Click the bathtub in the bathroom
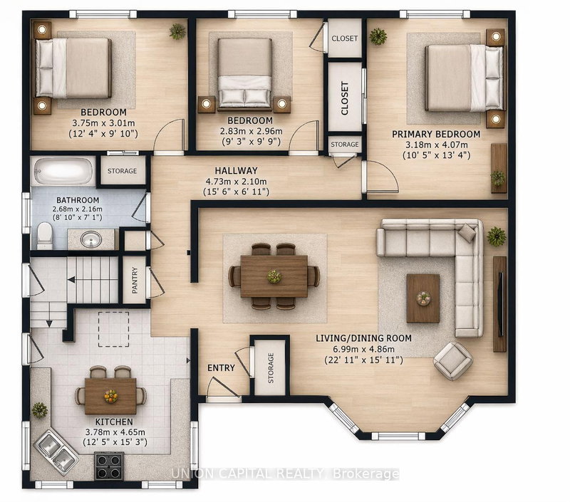tap(63, 172)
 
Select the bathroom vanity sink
tap(90, 239)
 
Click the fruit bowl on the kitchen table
tap(110, 394)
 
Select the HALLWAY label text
tap(236, 170)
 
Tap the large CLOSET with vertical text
tap(344, 100)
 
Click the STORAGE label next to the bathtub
tap(122, 171)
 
